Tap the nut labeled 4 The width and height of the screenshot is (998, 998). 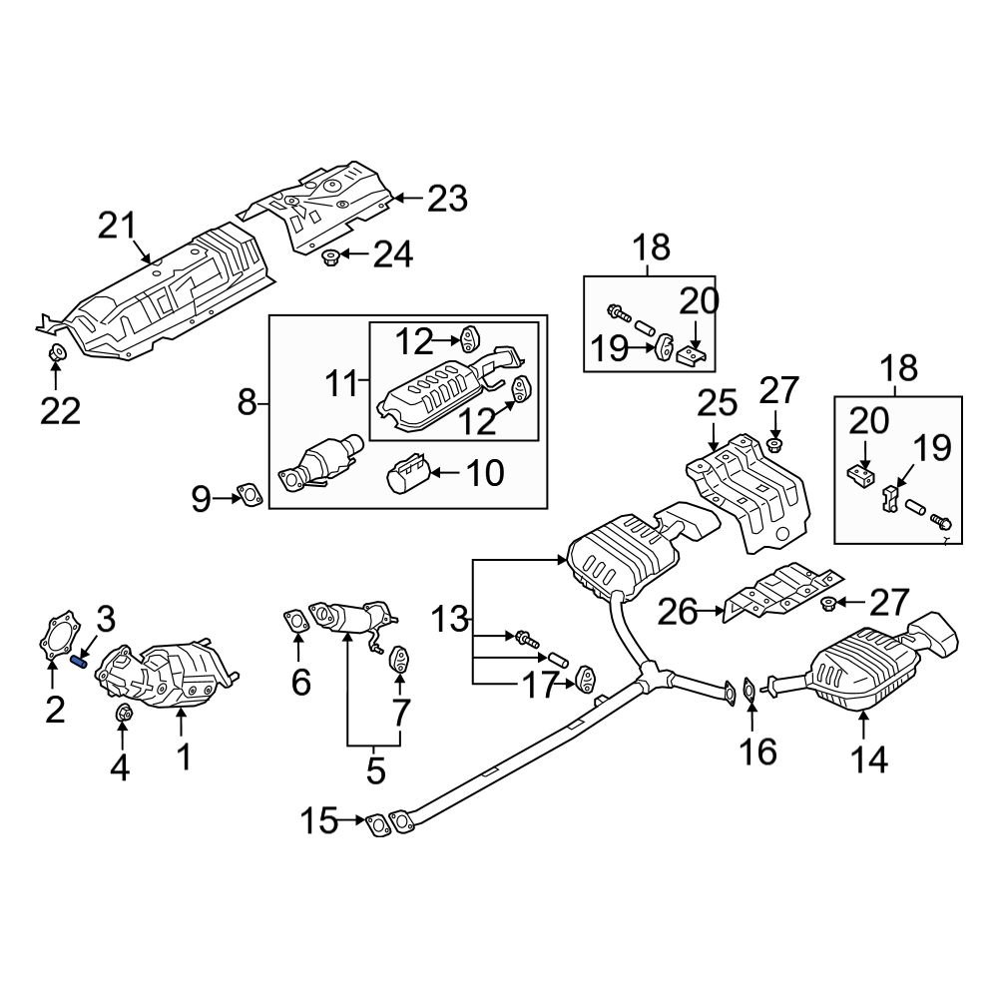(x=124, y=713)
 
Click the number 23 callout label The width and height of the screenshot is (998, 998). (x=446, y=199)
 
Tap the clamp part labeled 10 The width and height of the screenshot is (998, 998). (x=408, y=476)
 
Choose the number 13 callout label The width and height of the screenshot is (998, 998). (x=449, y=620)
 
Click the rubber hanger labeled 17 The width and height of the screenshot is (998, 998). (x=583, y=682)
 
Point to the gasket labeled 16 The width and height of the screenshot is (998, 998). (x=748, y=692)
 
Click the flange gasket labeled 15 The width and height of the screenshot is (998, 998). (x=377, y=824)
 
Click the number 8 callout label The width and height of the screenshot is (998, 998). (x=248, y=404)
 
